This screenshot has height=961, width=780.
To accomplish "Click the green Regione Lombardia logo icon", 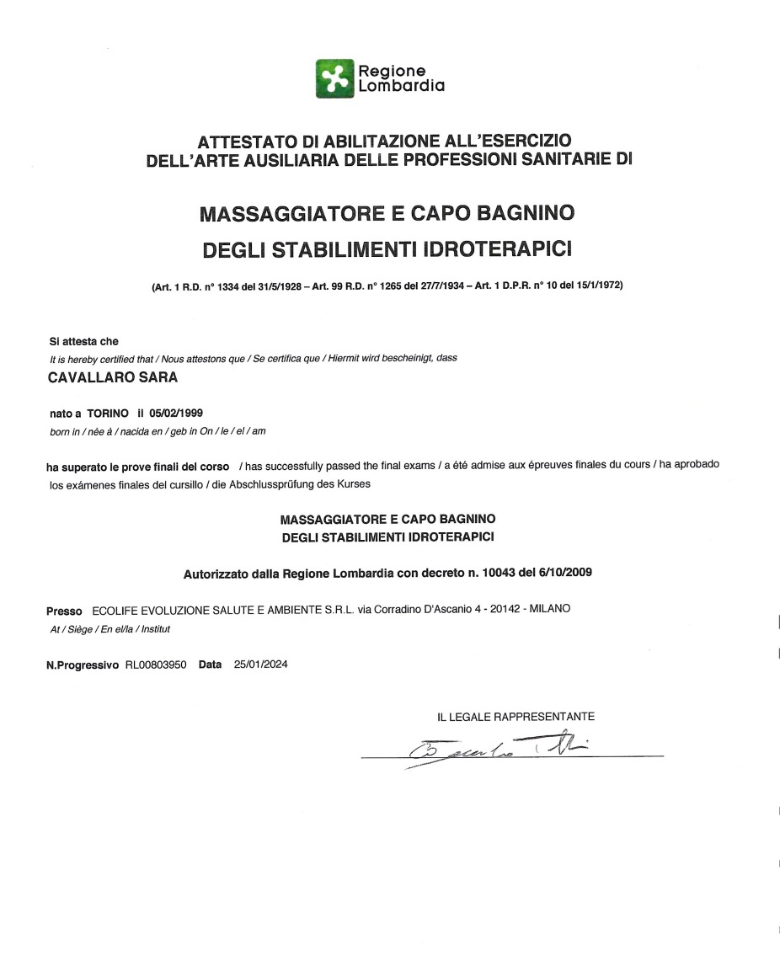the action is tap(334, 78).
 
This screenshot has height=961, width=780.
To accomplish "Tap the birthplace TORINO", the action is tap(108, 414).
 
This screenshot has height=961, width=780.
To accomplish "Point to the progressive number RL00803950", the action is tap(156, 665).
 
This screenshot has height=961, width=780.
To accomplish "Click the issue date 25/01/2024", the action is tap(261, 665).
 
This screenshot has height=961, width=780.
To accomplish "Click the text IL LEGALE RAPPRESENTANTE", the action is tap(516, 717).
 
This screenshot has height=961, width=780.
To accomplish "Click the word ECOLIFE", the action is tap(115, 610).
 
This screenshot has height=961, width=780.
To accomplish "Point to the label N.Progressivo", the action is tap(83, 665).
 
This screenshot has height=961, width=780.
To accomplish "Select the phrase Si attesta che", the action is tap(84, 342).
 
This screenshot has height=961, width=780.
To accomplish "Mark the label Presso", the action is tap(64, 610).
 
